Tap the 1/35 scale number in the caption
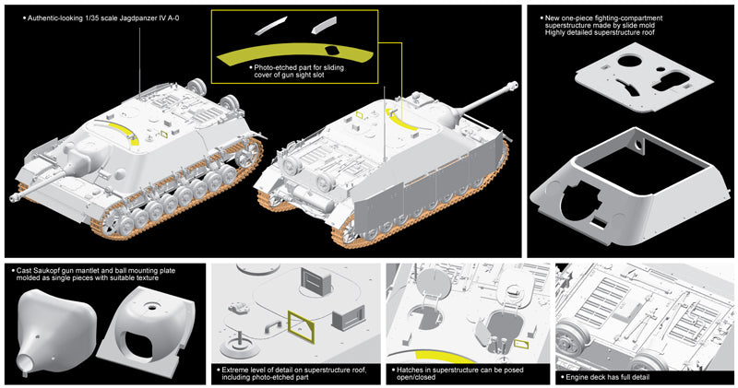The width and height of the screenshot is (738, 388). pyautogui.click(x=109, y=17)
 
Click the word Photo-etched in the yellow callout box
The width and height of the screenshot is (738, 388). pyautogui.click(x=273, y=68)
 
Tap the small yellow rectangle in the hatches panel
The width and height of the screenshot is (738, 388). pyautogui.click(x=521, y=344)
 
